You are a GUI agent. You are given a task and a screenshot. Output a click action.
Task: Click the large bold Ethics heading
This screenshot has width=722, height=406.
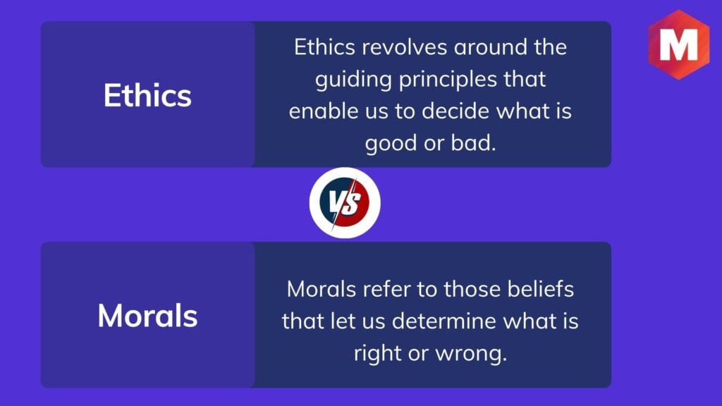[147, 95]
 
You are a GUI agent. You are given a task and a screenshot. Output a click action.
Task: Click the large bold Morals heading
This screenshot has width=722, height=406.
[147, 316]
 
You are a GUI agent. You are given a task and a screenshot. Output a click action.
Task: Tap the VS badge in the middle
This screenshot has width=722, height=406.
[345, 203]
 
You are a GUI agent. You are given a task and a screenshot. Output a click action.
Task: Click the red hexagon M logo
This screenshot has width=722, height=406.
[679, 44]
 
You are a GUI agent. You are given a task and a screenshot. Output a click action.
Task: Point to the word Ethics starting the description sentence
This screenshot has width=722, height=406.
[324, 47]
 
